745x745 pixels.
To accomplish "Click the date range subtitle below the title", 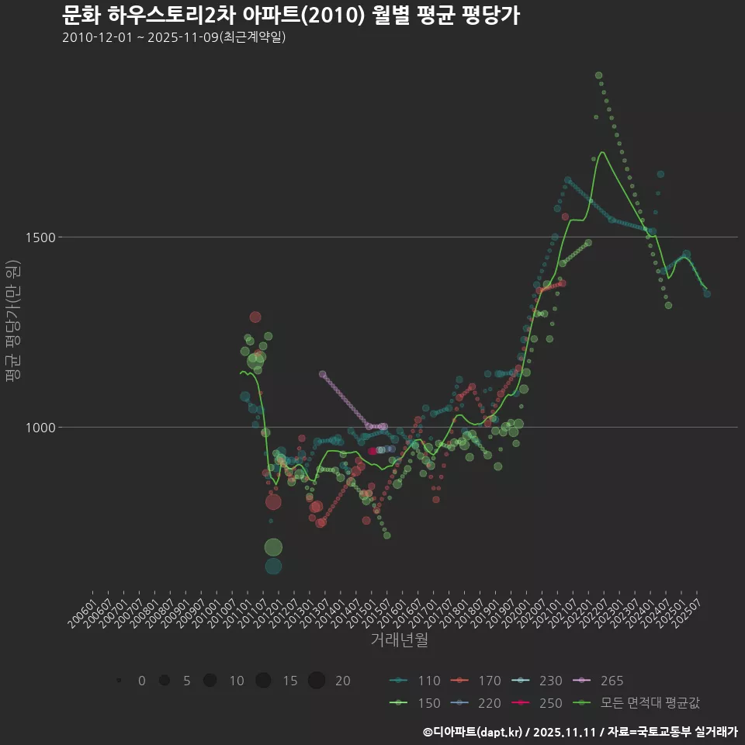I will [x=174, y=37].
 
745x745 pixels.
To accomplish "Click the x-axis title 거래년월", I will [x=399, y=639].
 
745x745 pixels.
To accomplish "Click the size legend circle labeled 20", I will [x=316, y=681].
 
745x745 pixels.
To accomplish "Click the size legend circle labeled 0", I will [x=119, y=681].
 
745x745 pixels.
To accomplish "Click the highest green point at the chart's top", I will [x=598, y=75].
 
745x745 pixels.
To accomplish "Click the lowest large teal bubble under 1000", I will [x=273, y=566].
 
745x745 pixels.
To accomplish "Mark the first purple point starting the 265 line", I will [x=322, y=374].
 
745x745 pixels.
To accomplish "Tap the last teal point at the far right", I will [x=707, y=293].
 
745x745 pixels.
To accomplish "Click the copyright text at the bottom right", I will [x=580, y=732].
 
